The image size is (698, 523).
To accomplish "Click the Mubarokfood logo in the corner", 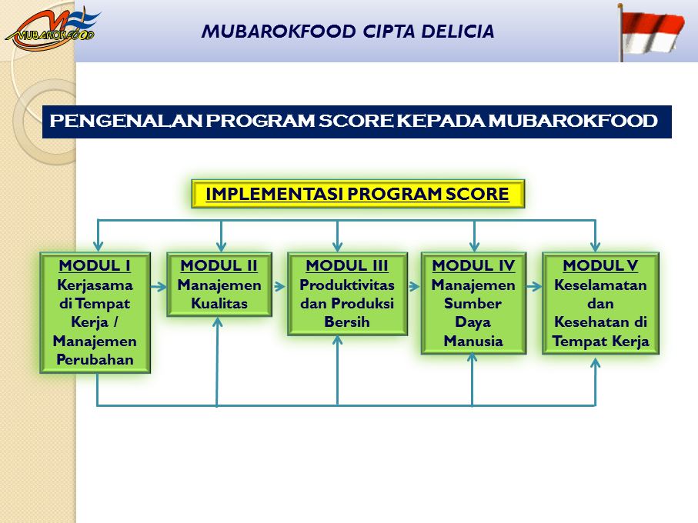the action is (52, 28).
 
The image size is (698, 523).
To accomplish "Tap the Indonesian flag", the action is (651, 32).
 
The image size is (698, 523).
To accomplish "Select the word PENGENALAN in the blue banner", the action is (126, 121).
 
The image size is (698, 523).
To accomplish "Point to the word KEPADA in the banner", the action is (441, 121).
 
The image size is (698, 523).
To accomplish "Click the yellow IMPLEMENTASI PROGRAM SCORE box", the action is (358, 194).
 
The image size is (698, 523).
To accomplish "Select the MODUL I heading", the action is (95, 265).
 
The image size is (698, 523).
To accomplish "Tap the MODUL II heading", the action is (219, 265).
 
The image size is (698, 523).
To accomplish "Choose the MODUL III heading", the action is (347, 265).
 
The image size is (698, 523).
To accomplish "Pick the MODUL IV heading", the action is (473, 265).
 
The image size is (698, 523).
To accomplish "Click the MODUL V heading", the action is (600, 265).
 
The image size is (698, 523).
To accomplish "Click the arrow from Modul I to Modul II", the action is (159, 287).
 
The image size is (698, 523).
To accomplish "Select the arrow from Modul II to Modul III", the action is (279, 287).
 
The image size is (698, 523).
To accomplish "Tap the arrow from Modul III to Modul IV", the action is (414, 287).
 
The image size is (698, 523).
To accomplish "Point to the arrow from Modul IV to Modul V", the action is (534, 287).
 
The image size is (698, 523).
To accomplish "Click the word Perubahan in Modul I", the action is (95, 359).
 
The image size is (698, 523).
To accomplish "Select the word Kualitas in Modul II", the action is (219, 303).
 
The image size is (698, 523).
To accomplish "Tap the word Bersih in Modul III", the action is (347, 321).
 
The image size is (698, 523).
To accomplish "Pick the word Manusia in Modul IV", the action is (473, 341).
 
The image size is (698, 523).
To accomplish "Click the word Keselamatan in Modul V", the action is (600, 285).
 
